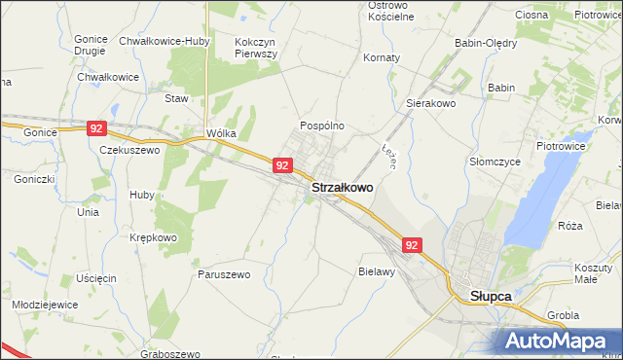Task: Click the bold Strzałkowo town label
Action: click(x=341, y=187)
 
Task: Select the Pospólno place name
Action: click(x=321, y=126)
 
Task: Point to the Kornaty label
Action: click(x=382, y=57)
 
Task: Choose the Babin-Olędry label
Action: click(x=486, y=43)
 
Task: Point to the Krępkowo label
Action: click(x=154, y=237)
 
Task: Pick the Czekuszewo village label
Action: click(x=129, y=151)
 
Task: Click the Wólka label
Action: click(x=222, y=134)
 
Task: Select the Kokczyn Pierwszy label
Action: click(x=257, y=49)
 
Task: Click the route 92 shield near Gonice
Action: click(x=95, y=127)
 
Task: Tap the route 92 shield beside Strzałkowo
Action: click(x=281, y=166)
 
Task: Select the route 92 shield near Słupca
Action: click(x=412, y=246)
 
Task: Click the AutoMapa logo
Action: click(x=557, y=341)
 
